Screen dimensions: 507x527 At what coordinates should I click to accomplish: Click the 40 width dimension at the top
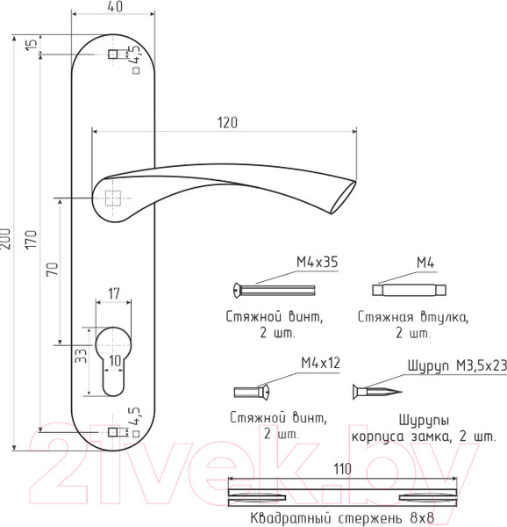coord(116,7)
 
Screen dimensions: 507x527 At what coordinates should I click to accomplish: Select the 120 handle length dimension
coord(227,123)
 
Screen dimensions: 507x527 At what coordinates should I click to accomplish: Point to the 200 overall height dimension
coord(6,239)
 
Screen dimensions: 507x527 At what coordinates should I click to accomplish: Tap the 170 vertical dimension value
coord(31,239)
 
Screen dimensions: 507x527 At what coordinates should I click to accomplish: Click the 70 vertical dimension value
coord(53,270)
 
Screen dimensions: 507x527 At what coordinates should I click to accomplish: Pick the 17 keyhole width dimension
coord(114,293)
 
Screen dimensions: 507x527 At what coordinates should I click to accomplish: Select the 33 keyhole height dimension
coord(81,356)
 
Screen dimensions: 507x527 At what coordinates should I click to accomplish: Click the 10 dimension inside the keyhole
coord(115,361)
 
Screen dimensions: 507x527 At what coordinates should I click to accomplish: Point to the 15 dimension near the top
coord(32,44)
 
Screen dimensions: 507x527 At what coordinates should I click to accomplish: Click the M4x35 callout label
coord(317,262)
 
